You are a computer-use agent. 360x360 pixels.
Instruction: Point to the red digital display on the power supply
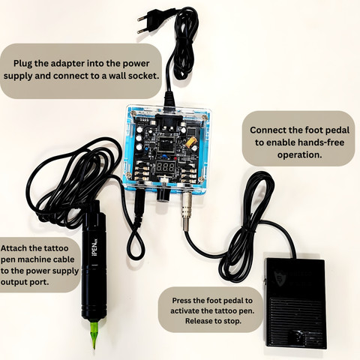point(166,167)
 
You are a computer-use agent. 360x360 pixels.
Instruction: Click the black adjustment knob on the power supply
point(163,193)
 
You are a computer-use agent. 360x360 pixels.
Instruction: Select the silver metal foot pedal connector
point(187,211)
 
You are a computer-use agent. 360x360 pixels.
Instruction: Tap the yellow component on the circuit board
point(190,143)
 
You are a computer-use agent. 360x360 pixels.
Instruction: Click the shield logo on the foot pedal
point(278,277)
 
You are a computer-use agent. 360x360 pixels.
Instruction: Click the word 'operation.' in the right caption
point(299,154)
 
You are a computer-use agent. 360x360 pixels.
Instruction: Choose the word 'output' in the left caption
point(13,282)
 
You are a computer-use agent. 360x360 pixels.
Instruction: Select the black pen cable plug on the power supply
point(139,202)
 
